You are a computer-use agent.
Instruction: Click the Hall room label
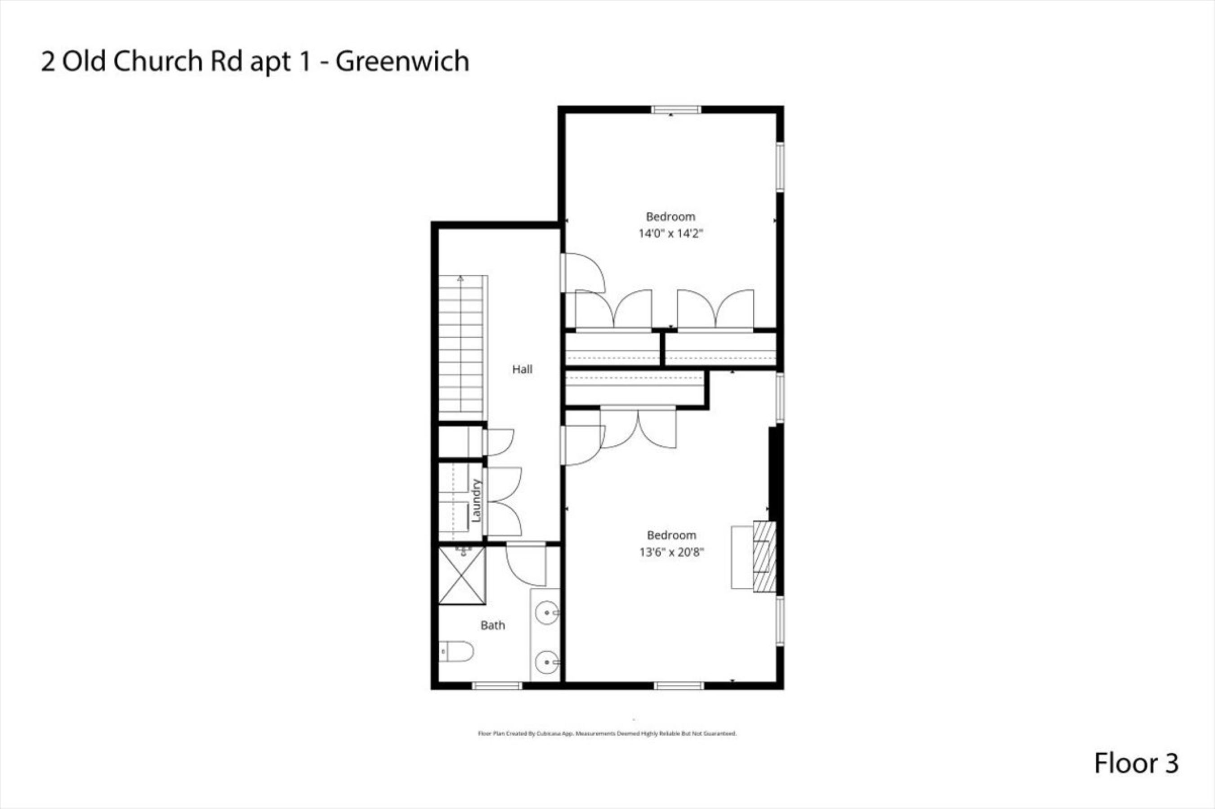(522, 369)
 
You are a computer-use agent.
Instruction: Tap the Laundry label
(476, 501)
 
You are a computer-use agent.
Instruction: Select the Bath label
(493, 626)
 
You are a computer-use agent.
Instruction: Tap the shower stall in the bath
(462, 575)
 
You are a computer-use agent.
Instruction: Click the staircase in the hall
(461, 348)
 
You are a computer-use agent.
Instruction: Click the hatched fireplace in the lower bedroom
(764, 557)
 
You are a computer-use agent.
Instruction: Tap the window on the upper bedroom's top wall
(676, 109)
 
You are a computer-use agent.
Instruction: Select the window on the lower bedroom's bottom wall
(679, 686)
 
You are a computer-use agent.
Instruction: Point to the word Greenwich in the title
(402, 62)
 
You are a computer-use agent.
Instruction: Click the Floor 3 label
(1136, 763)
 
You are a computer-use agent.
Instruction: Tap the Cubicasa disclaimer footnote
(607, 733)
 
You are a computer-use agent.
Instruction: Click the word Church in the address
(157, 62)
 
